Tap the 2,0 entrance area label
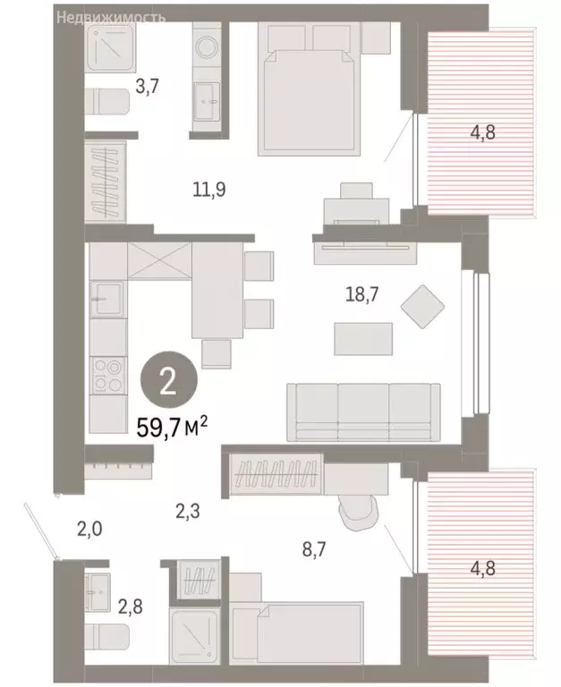point(90,529)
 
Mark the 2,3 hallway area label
point(188,513)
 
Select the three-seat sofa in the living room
point(363,407)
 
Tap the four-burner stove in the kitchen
point(106,374)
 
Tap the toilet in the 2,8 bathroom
point(108,637)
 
